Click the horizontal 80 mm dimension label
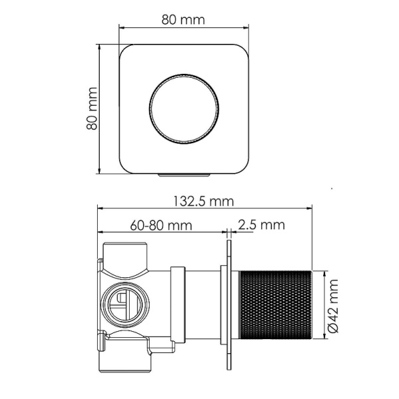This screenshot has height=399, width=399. click(x=183, y=19)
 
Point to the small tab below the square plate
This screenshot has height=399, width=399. click(x=184, y=174)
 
